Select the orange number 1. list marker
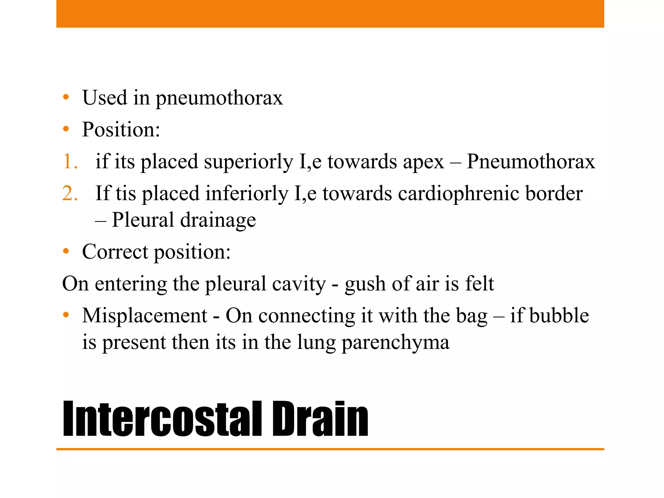click(70, 161)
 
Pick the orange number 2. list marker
click(70, 193)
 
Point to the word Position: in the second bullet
click(121, 130)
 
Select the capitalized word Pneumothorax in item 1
click(531, 162)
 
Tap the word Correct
click(115, 252)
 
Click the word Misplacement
click(145, 315)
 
